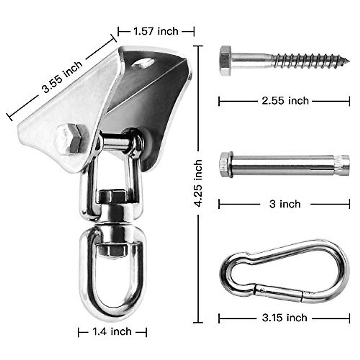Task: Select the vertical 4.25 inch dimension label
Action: pyautogui.click(x=198, y=183)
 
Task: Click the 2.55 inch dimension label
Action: pyautogui.click(x=285, y=101)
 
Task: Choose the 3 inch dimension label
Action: pyautogui.click(x=285, y=204)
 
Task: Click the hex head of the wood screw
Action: pyautogui.click(x=226, y=61)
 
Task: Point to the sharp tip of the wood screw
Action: pyautogui.click(x=349, y=61)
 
